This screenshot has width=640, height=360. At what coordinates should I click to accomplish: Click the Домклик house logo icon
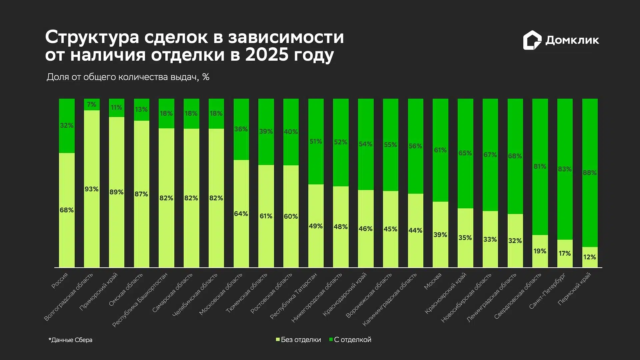pyautogui.click(x=532, y=40)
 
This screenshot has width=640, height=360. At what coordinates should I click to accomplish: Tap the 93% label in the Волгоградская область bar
pyautogui.click(x=91, y=189)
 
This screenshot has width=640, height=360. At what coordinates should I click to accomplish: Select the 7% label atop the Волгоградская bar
pyautogui.click(x=91, y=105)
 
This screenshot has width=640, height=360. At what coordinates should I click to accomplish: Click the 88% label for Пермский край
pyautogui.click(x=590, y=173)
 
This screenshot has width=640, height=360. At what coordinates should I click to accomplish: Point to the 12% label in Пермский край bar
pyautogui.click(x=590, y=257)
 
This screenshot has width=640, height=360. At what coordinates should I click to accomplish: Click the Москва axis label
pyautogui.click(x=433, y=281)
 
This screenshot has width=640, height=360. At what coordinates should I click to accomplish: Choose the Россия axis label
pyautogui.click(x=60, y=280)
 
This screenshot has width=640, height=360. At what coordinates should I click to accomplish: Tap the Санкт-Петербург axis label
pyautogui.click(x=547, y=291)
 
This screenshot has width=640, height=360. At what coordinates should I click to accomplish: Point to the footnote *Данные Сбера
pyautogui.click(x=70, y=340)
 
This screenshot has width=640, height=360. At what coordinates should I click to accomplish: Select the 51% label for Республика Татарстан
pyautogui.click(x=316, y=142)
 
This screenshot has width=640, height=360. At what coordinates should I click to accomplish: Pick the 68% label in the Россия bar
pyautogui.click(x=67, y=210)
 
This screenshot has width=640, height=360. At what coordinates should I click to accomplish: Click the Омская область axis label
pyautogui.click(x=126, y=289)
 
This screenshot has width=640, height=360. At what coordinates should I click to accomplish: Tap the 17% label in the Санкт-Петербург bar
pyautogui.click(x=565, y=254)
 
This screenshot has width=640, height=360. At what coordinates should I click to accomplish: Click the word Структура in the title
pyautogui.click(x=92, y=37)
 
